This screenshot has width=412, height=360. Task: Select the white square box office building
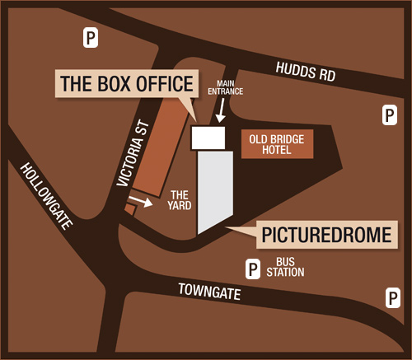pos(208,138)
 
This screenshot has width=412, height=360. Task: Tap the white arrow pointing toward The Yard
pos(142,201)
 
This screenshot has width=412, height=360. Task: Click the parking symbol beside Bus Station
pos(253,267)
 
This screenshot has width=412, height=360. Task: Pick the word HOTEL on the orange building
pos(278,151)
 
